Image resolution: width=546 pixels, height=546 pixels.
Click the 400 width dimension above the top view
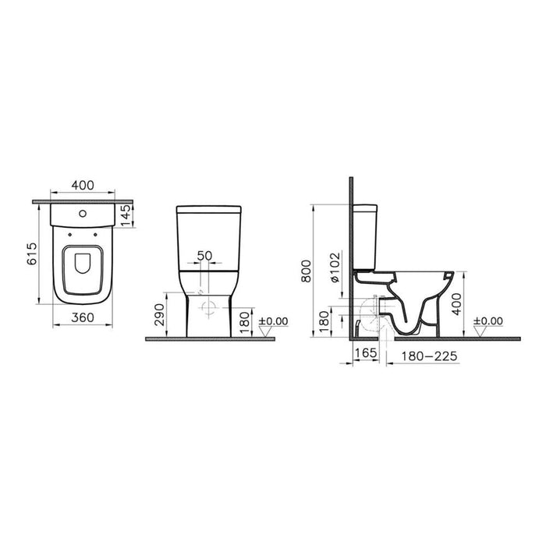tap(83, 186)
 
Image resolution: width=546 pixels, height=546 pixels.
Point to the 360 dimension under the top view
tap(83, 318)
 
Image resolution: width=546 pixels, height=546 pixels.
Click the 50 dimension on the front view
tap(204, 256)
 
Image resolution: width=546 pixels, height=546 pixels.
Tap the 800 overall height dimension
tap(307, 271)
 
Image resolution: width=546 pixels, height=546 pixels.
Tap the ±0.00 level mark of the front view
tap(273, 321)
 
